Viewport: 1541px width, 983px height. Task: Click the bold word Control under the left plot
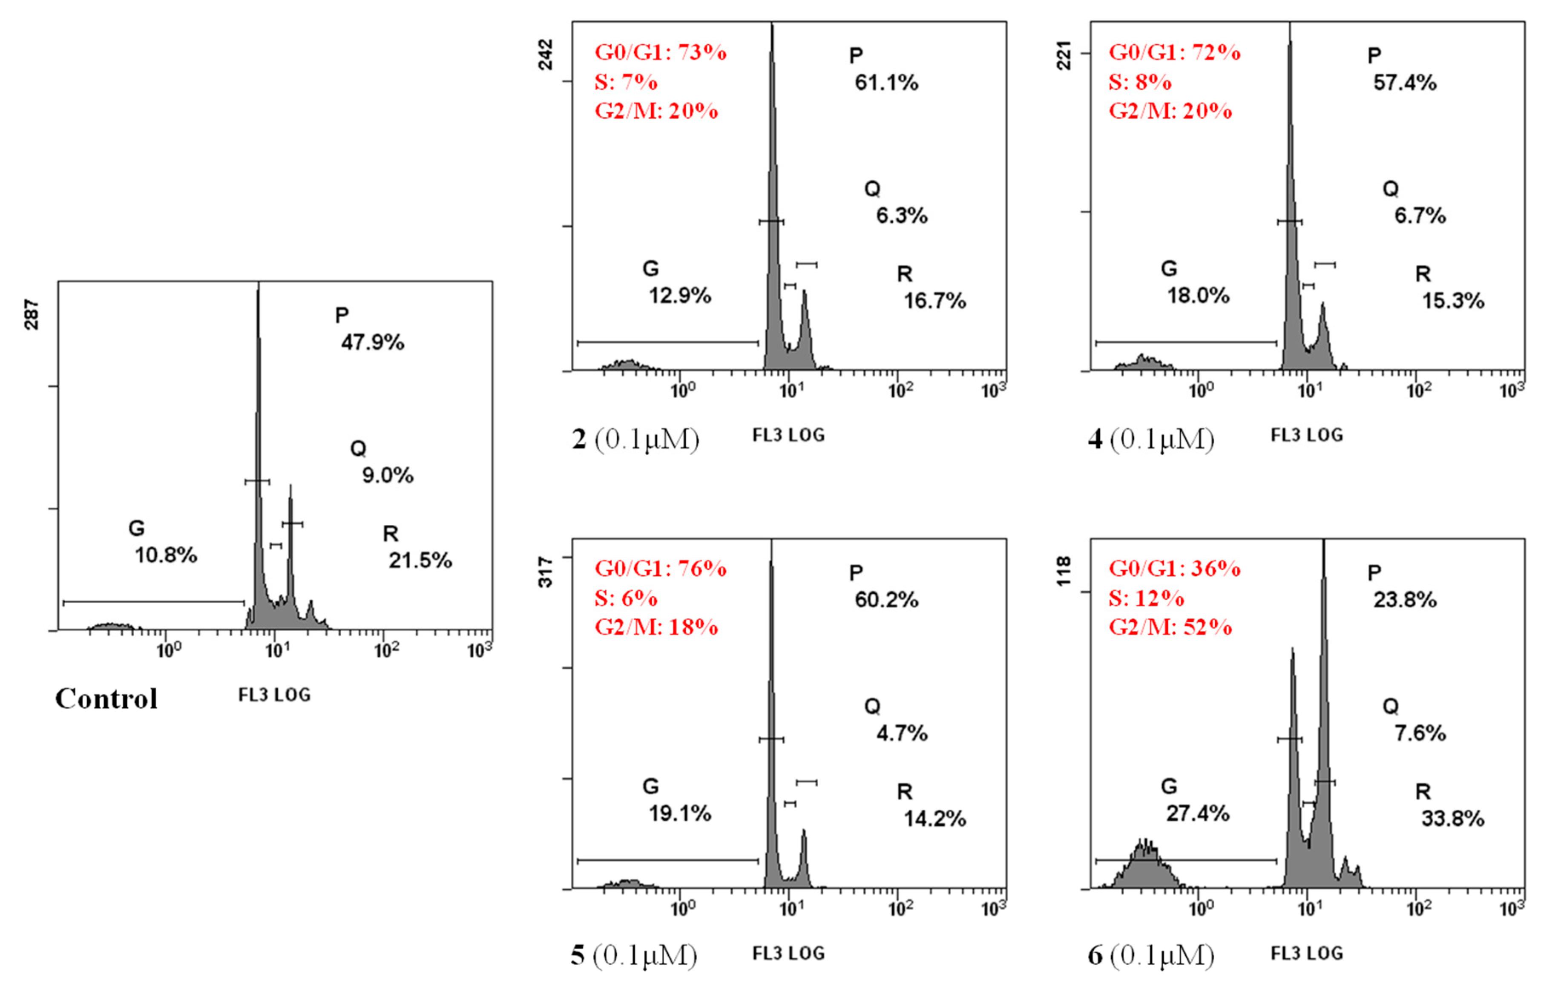coord(106,698)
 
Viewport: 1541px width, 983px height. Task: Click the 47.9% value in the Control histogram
coord(372,342)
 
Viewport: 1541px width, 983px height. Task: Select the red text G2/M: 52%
coord(1170,627)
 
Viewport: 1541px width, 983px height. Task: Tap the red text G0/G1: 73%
coord(661,52)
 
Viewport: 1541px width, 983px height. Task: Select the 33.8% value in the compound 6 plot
coord(1453,819)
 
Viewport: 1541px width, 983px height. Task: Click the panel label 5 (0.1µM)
coord(633,955)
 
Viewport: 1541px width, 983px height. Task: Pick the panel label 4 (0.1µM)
coord(1150,439)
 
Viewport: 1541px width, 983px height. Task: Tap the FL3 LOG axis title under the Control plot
coord(275,695)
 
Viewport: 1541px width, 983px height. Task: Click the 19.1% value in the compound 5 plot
coord(680,813)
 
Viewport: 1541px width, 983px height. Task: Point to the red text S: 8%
coord(1140,82)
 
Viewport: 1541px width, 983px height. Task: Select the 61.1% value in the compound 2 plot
coord(886,83)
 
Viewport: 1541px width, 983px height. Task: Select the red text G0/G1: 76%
coord(661,568)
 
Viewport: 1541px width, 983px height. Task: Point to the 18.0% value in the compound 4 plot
coord(1198,296)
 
